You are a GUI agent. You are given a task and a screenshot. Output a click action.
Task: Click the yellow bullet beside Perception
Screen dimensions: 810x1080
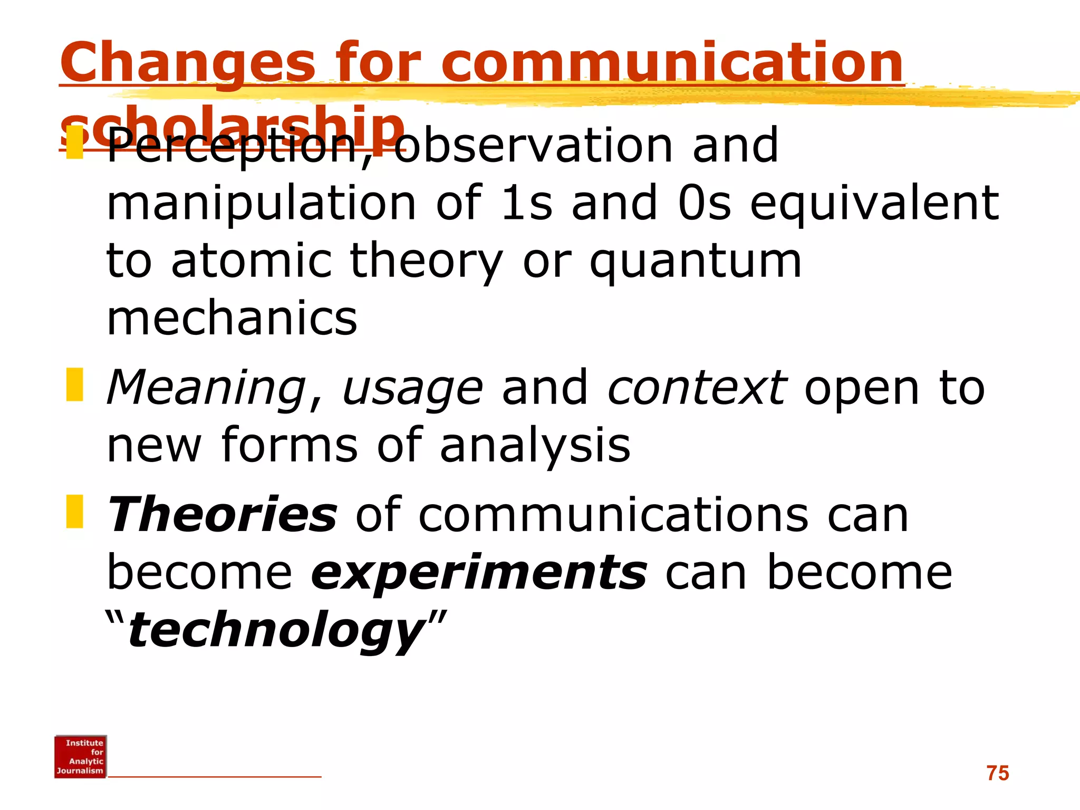tap(75, 142)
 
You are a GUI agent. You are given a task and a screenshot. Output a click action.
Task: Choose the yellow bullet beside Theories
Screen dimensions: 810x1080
tap(75, 511)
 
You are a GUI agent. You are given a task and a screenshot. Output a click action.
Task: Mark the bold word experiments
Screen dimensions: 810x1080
tap(479, 574)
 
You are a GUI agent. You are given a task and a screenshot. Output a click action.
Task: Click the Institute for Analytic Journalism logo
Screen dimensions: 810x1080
tap(81, 756)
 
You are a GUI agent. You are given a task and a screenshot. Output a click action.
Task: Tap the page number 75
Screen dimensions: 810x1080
tap(997, 773)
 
